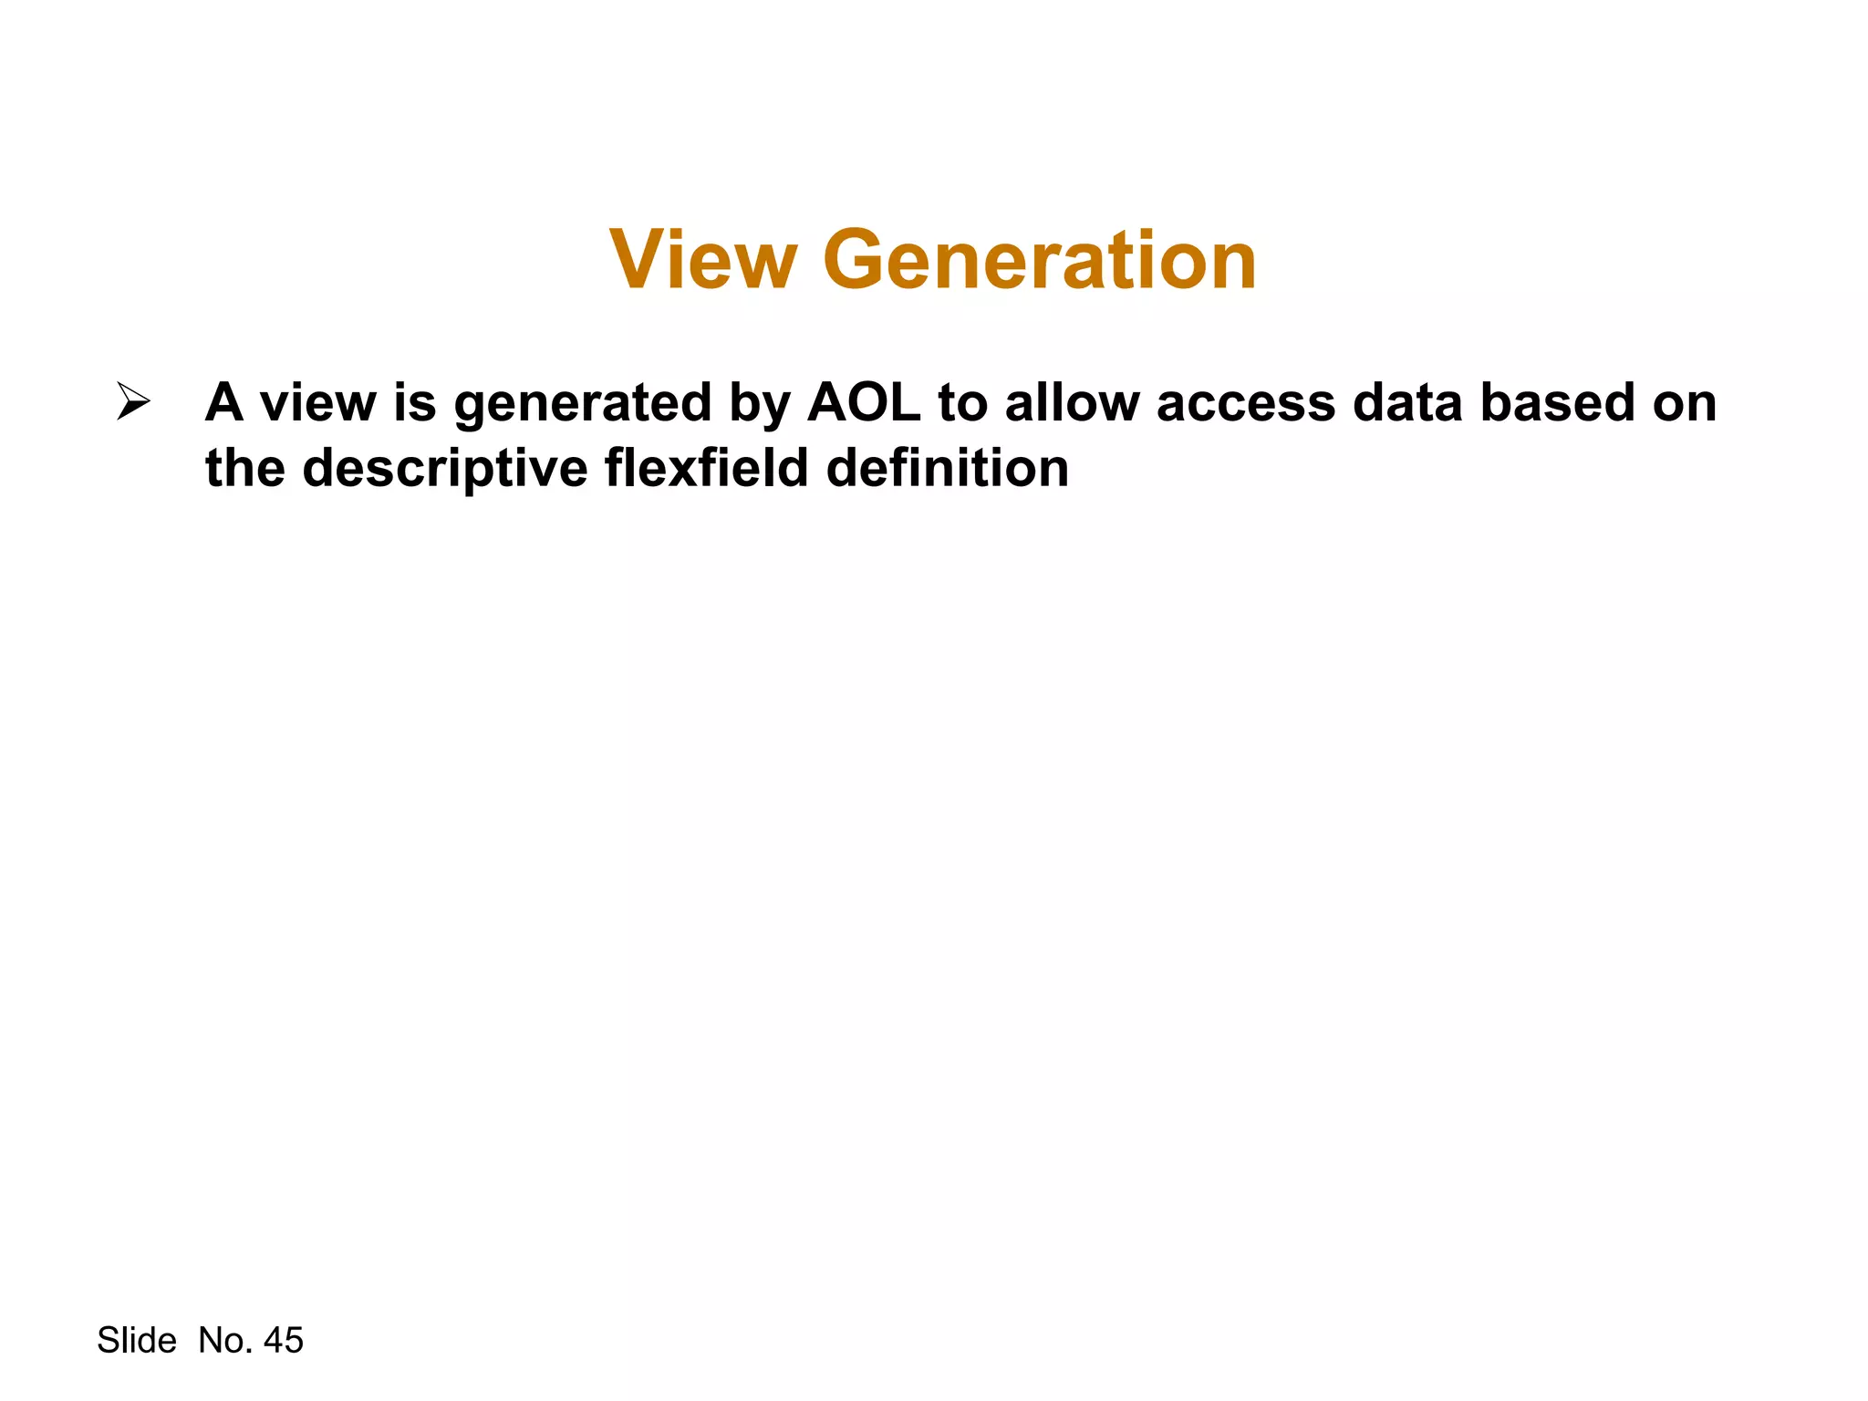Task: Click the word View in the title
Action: point(702,261)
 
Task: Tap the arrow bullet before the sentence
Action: point(133,402)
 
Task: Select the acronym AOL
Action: point(864,402)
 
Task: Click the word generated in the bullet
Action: point(583,404)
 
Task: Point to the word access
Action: point(1246,404)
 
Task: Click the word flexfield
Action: point(707,468)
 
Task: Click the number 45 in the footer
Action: point(283,1341)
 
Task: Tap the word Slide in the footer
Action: point(137,1341)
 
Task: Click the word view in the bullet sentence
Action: point(317,402)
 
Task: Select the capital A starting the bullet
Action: point(223,402)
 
